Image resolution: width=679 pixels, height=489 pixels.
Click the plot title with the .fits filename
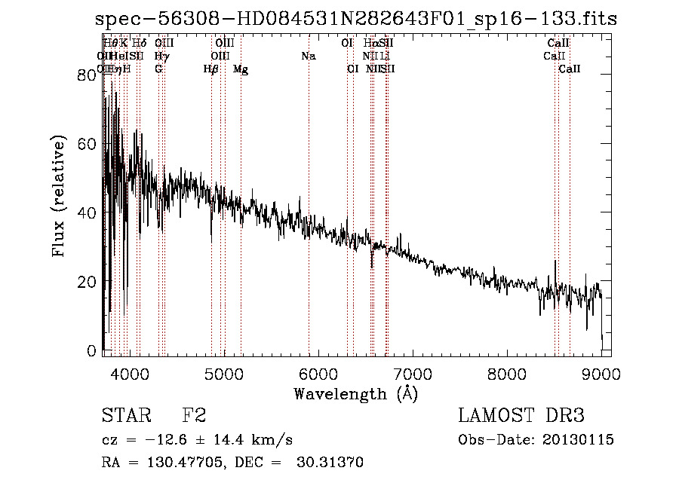pyautogui.click(x=356, y=19)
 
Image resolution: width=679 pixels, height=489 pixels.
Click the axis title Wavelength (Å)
pyautogui.click(x=355, y=393)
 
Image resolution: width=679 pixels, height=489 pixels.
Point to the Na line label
pyautogui.click(x=308, y=57)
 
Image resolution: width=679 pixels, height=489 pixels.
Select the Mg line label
pyautogui.click(x=241, y=69)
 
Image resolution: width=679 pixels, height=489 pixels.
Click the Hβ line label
pyautogui.click(x=211, y=69)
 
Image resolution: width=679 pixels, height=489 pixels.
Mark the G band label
pyautogui.click(x=158, y=69)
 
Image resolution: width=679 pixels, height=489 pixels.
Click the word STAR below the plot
pyautogui.click(x=125, y=416)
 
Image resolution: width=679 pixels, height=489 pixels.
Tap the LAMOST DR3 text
pyautogui.click(x=521, y=416)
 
